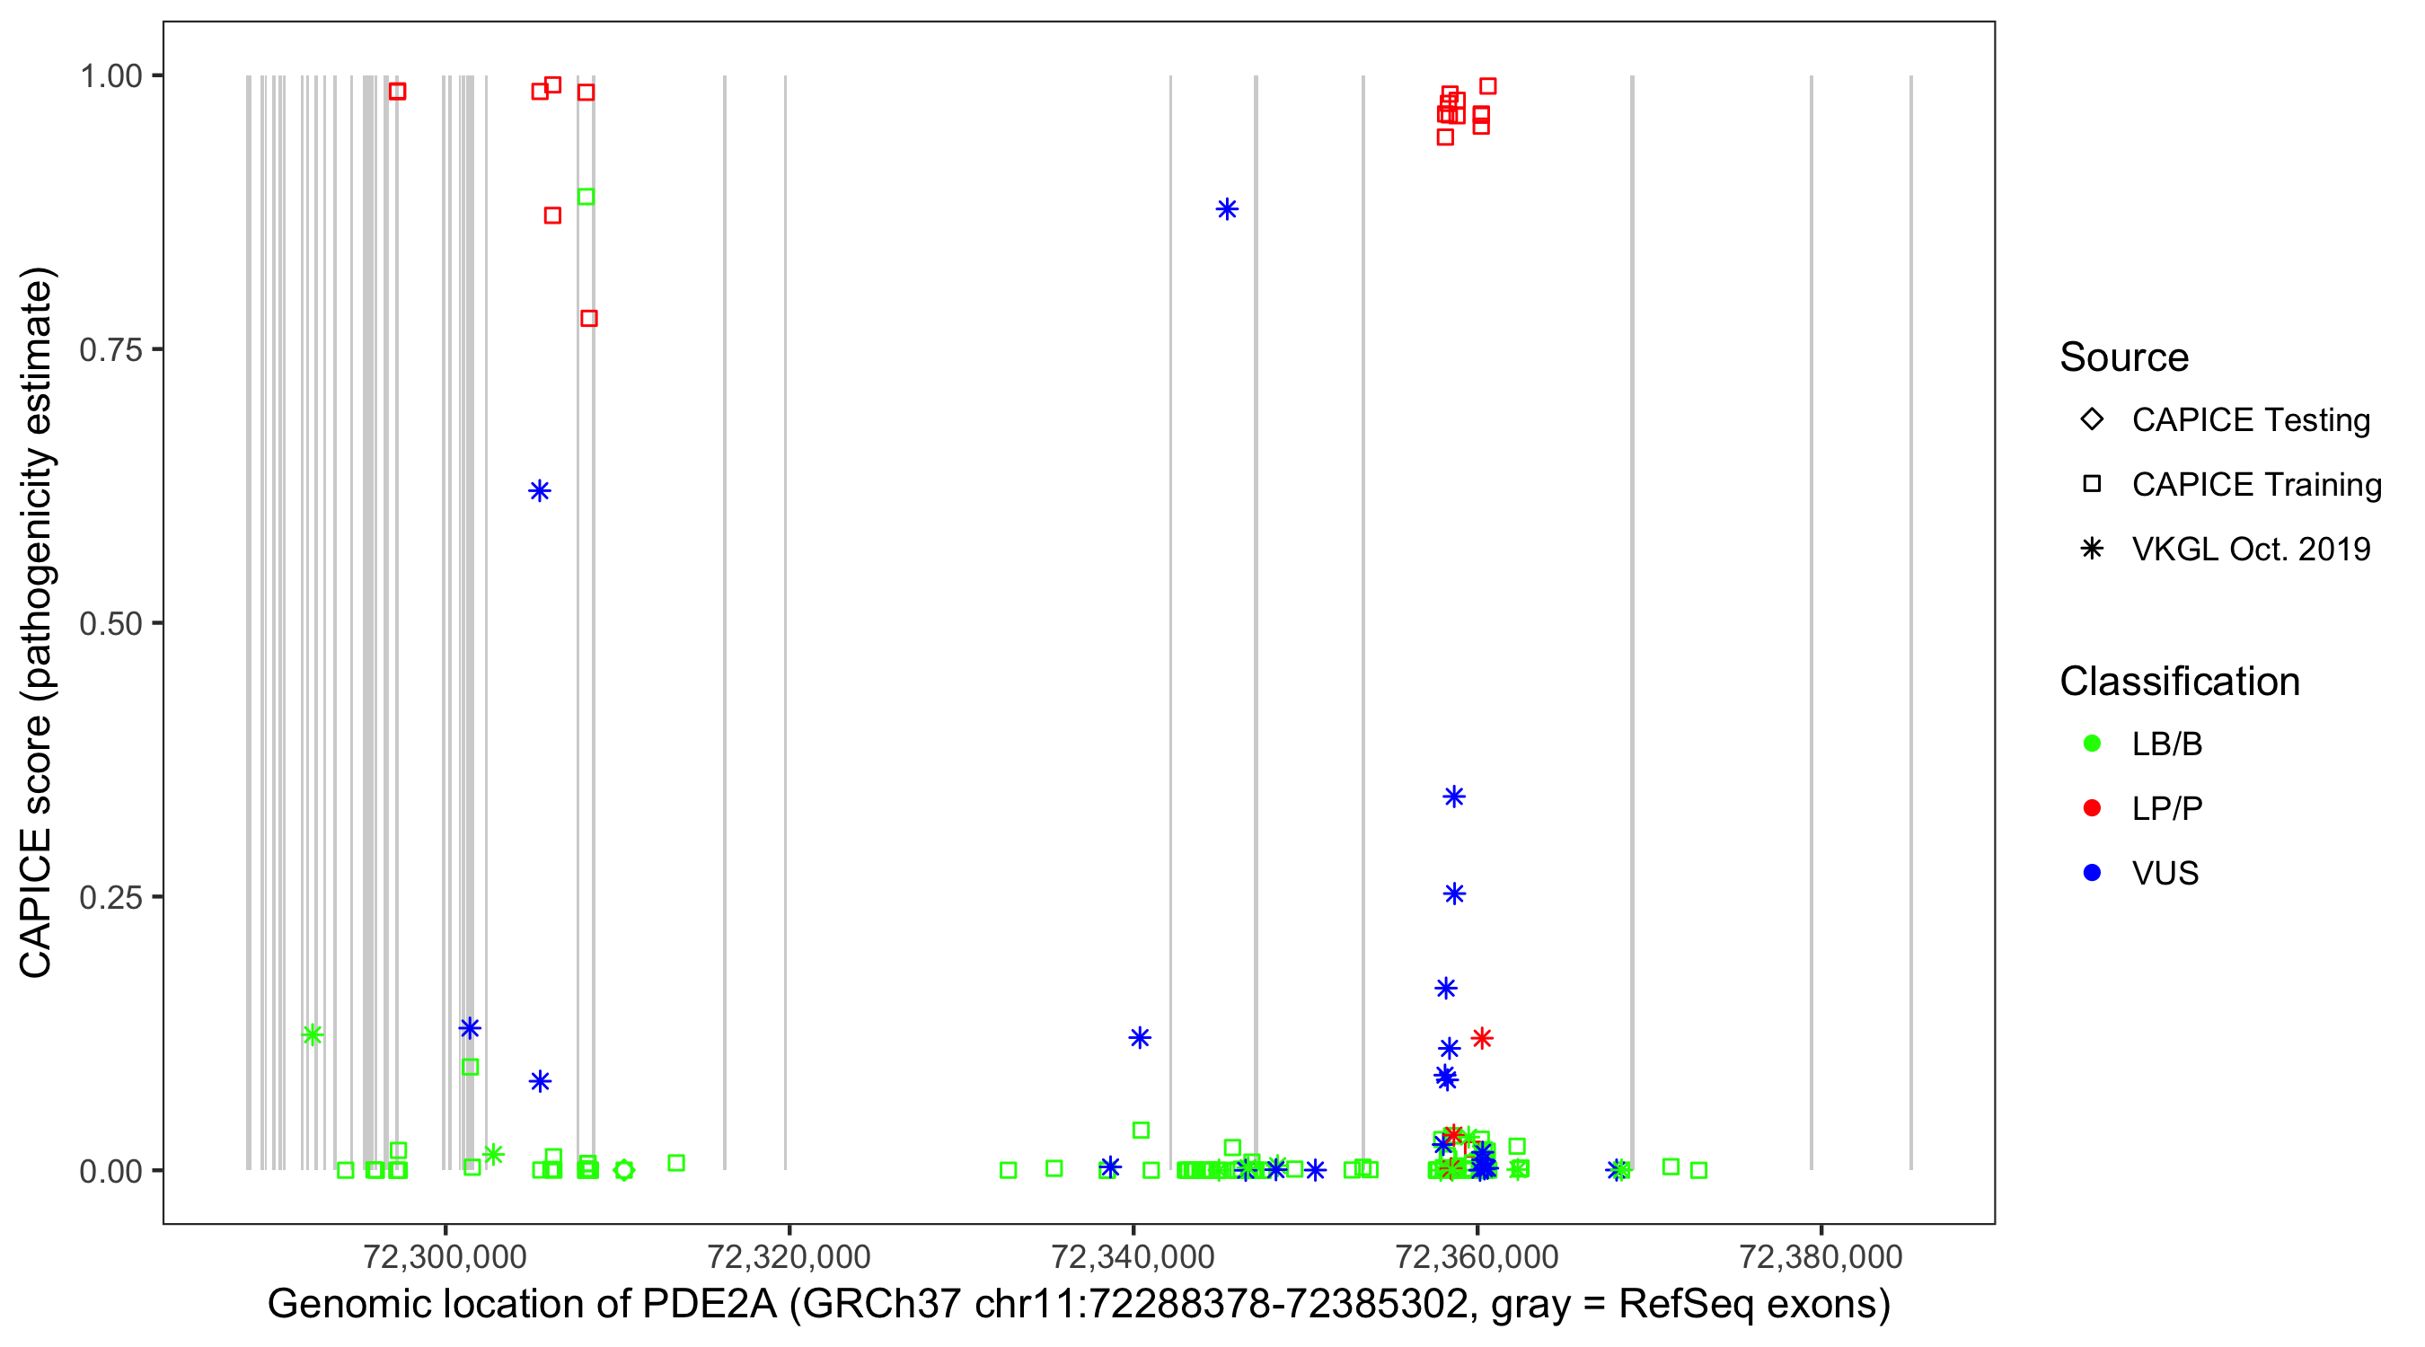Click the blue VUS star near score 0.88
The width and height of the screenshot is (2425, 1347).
point(1226,209)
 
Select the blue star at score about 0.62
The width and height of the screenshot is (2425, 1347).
point(540,490)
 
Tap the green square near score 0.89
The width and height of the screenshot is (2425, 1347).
point(586,197)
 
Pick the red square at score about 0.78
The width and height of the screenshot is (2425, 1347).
point(589,318)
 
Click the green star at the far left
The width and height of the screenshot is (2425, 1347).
point(313,1034)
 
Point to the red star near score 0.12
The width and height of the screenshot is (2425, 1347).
point(1482,1038)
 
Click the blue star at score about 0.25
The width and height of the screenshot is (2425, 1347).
point(1454,894)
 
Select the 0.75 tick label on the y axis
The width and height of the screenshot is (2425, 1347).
point(110,349)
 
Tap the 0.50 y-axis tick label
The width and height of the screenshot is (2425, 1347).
point(110,623)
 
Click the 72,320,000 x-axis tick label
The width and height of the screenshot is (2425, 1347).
point(789,1256)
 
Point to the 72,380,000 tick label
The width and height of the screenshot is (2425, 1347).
point(1821,1256)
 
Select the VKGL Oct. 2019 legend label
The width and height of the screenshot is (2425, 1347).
point(2251,549)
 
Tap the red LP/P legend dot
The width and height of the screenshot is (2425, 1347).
point(2092,808)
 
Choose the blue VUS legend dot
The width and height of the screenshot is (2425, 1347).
point(2092,873)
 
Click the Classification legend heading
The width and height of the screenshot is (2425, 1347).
point(2179,682)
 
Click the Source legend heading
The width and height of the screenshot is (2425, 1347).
point(2124,357)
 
